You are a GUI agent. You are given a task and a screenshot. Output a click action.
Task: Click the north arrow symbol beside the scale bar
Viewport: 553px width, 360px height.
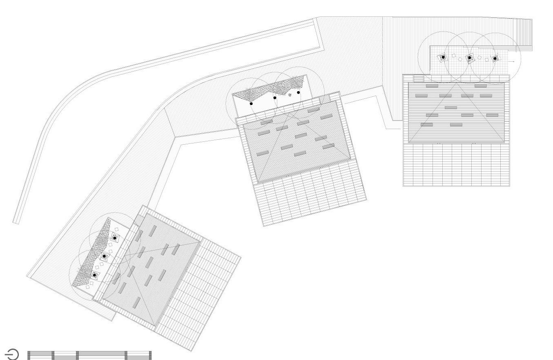tap(12, 354)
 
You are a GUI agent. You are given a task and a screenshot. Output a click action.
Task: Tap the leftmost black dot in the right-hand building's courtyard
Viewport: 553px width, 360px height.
tap(443, 58)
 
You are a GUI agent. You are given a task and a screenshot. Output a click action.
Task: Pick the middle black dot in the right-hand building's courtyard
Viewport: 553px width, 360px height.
tap(469, 58)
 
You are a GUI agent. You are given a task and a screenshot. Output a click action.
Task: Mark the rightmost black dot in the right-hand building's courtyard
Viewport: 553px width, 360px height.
tap(495, 58)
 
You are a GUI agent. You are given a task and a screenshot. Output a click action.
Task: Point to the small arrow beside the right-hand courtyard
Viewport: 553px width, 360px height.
tap(512, 61)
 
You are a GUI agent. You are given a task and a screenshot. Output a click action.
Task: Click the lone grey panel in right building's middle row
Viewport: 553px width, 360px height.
tap(450, 107)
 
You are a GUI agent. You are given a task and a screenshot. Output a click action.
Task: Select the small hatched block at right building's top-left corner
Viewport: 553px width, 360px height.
tap(419, 78)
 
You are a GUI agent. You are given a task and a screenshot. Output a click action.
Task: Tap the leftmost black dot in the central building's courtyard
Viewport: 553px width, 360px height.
tap(251, 104)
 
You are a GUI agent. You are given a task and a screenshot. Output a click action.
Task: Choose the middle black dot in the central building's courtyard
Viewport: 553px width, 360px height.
tap(275, 98)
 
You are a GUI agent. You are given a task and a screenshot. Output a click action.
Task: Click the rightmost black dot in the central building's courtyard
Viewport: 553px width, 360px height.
tap(299, 92)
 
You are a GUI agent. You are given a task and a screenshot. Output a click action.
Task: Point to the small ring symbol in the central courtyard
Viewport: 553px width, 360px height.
tap(290, 95)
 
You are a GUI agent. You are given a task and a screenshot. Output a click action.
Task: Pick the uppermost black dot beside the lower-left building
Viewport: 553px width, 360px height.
tap(115, 238)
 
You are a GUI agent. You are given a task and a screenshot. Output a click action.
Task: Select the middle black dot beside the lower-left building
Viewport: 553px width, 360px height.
tap(104, 256)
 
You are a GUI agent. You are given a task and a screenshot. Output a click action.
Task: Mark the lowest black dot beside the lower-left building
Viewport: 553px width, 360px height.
tap(94, 275)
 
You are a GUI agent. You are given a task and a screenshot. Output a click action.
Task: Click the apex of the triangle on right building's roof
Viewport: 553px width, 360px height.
tap(457, 84)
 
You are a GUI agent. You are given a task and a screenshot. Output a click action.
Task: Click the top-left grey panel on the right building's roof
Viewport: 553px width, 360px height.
tap(432, 86)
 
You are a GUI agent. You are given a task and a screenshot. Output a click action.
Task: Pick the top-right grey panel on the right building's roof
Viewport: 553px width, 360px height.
tap(480, 86)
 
